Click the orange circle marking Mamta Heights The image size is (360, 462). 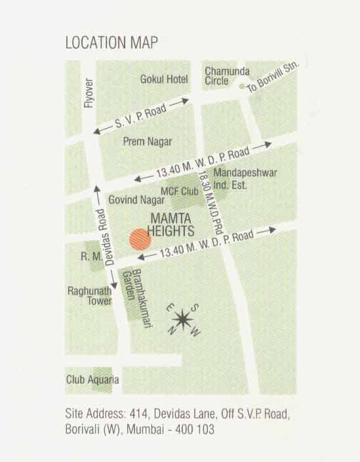pyautogui.click(x=140, y=239)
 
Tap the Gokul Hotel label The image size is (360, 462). pyautogui.click(x=164, y=79)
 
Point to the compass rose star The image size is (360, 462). pyautogui.click(x=182, y=320)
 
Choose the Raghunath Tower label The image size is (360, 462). pyautogui.click(x=85, y=296)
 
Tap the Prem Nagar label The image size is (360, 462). pyautogui.click(x=148, y=141)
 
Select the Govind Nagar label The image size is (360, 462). pyautogui.click(x=130, y=198)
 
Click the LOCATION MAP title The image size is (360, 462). pyautogui.click(x=111, y=43)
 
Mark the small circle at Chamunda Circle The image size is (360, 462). pyautogui.click(x=242, y=86)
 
